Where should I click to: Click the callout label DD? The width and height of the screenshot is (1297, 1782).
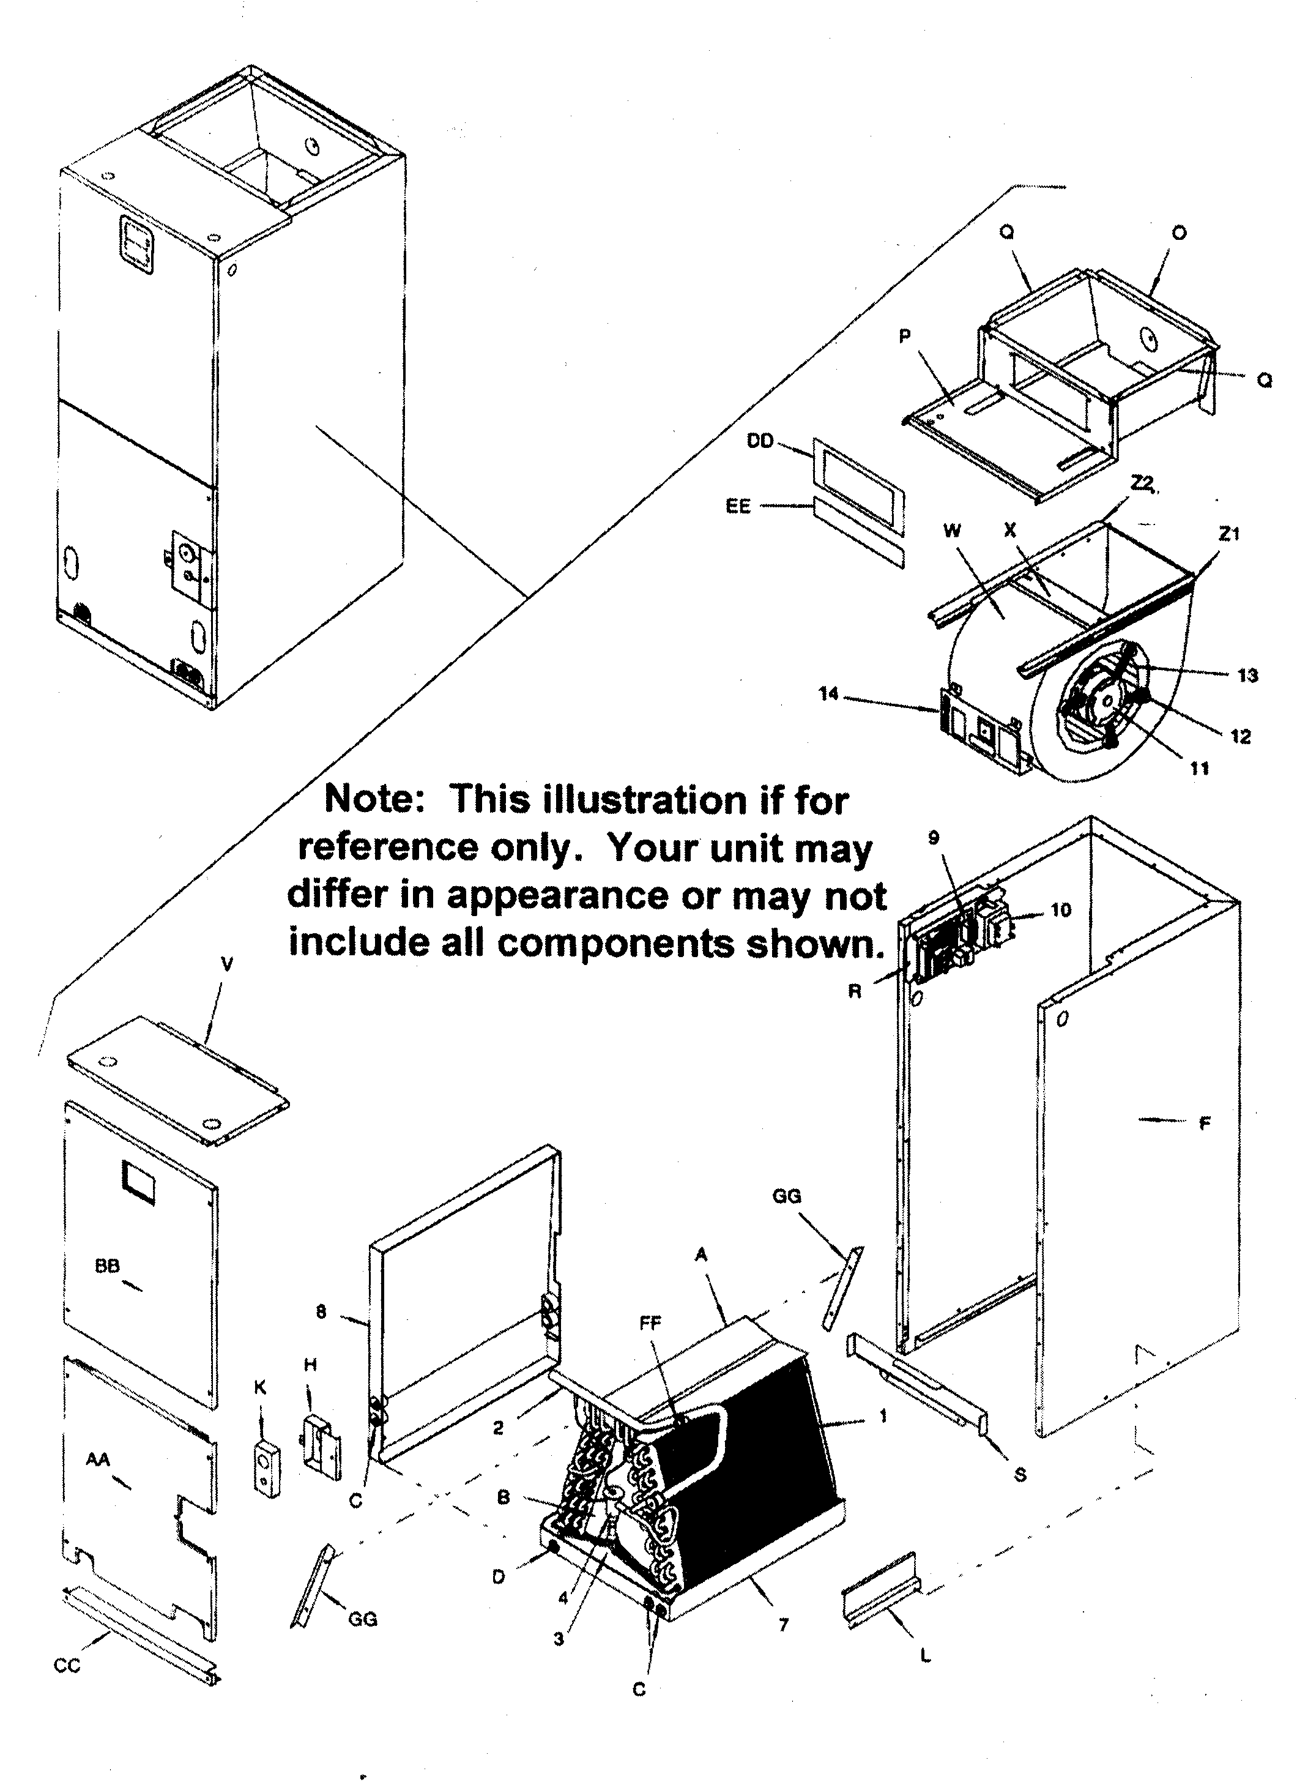(760, 442)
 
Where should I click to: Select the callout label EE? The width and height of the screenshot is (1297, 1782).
(738, 506)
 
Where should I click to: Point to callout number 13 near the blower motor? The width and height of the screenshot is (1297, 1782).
(1247, 675)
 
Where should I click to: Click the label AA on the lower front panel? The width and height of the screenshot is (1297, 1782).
(98, 1459)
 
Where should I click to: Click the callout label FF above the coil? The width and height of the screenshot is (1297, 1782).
(650, 1323)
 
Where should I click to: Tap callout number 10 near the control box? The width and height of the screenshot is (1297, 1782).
(1060, 910)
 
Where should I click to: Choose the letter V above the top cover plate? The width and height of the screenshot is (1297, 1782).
(227, 965)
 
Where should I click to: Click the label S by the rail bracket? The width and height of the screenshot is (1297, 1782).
(1020, 1475)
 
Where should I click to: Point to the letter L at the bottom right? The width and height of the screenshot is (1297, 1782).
(926, 1657)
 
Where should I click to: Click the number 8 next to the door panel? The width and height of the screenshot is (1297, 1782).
(321, 1311)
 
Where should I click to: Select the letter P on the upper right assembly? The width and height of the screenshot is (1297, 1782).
(904, 337)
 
